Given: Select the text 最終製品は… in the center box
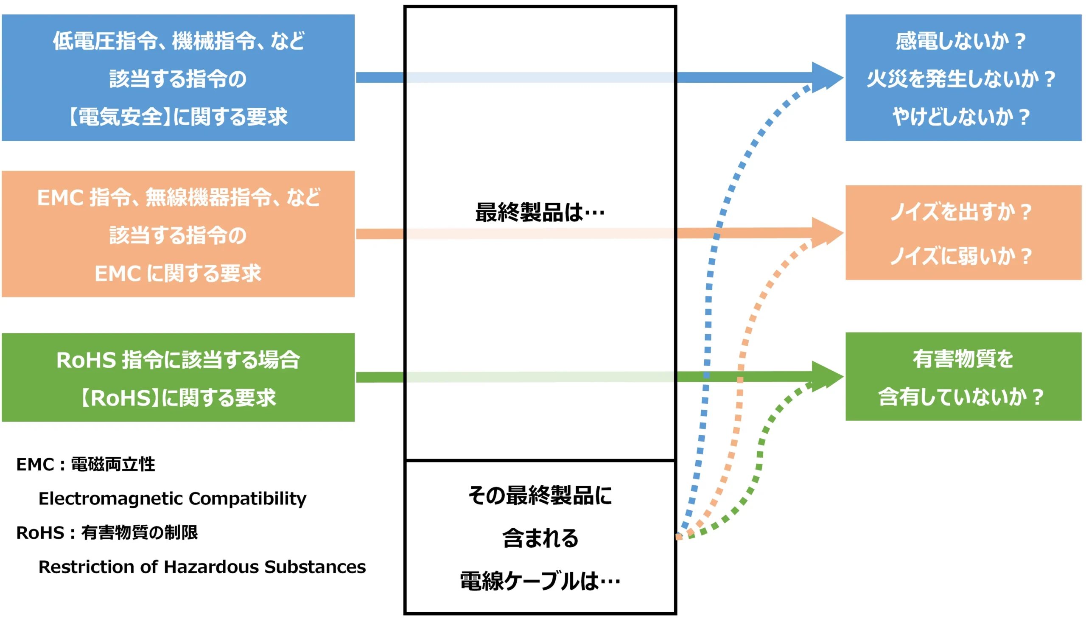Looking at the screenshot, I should pyautogui.click(x=540, y=213).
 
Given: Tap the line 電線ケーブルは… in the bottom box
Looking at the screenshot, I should pyautogui.click(x=540, y=581).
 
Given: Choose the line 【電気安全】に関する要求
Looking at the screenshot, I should pyautogui.click(x=178, y=117).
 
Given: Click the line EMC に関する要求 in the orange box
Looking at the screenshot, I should pyautogui.click(x=178, y=274).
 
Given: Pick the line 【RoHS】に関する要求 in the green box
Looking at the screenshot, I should pyautogui.click(x=178, y=397).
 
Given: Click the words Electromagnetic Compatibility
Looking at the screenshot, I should pyautogui.click(x=172, y=498).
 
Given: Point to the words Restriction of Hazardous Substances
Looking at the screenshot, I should pyautogui.click(x=202, y=567).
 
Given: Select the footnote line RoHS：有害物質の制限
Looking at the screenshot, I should pyautogui.click(x=107, y=533).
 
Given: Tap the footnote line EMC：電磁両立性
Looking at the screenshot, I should pyautogui.click(x=86, y=465).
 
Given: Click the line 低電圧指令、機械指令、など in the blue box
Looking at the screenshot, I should pyautogui.click(x=178, y=41).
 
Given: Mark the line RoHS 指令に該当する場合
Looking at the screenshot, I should pyautogui.click(x=178, y=360).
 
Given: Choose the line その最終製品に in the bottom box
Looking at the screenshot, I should pyautogui.click(x=540, y=495).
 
